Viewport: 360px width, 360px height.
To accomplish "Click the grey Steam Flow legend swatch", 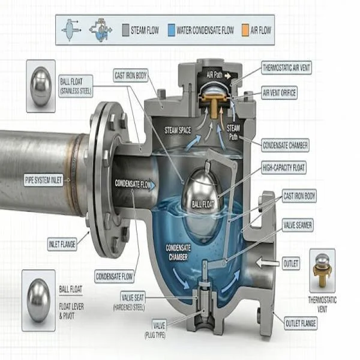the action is [x=125, y=30].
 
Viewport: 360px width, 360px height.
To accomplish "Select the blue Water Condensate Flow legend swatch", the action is [x=171, y=30].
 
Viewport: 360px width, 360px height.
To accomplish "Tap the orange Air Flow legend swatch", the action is [x=245, y=31].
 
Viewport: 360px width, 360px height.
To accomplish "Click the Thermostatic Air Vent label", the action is [x=286, y=68].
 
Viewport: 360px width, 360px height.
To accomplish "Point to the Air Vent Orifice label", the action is [x=279, y=93].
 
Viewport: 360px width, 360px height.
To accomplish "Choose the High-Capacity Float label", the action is [x=284, y=167].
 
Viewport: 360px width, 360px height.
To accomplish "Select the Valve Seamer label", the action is [x=298, y=225].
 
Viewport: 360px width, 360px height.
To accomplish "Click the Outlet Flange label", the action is [x=301, y=323].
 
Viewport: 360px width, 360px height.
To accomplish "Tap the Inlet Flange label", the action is [x=62, y=244].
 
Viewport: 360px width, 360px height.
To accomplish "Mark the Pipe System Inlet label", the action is [x=43, y=180].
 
